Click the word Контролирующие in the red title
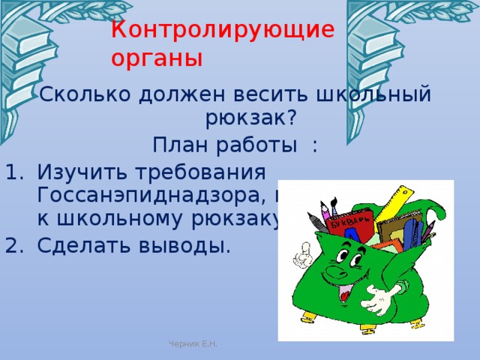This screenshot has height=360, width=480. [222, 30]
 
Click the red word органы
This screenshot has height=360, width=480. [157, 58]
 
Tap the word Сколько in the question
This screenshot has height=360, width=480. [83, 95]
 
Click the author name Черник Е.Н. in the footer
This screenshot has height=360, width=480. [193, 344]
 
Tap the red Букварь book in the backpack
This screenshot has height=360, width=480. [352, 224]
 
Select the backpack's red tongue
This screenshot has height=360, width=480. [344, 294]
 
